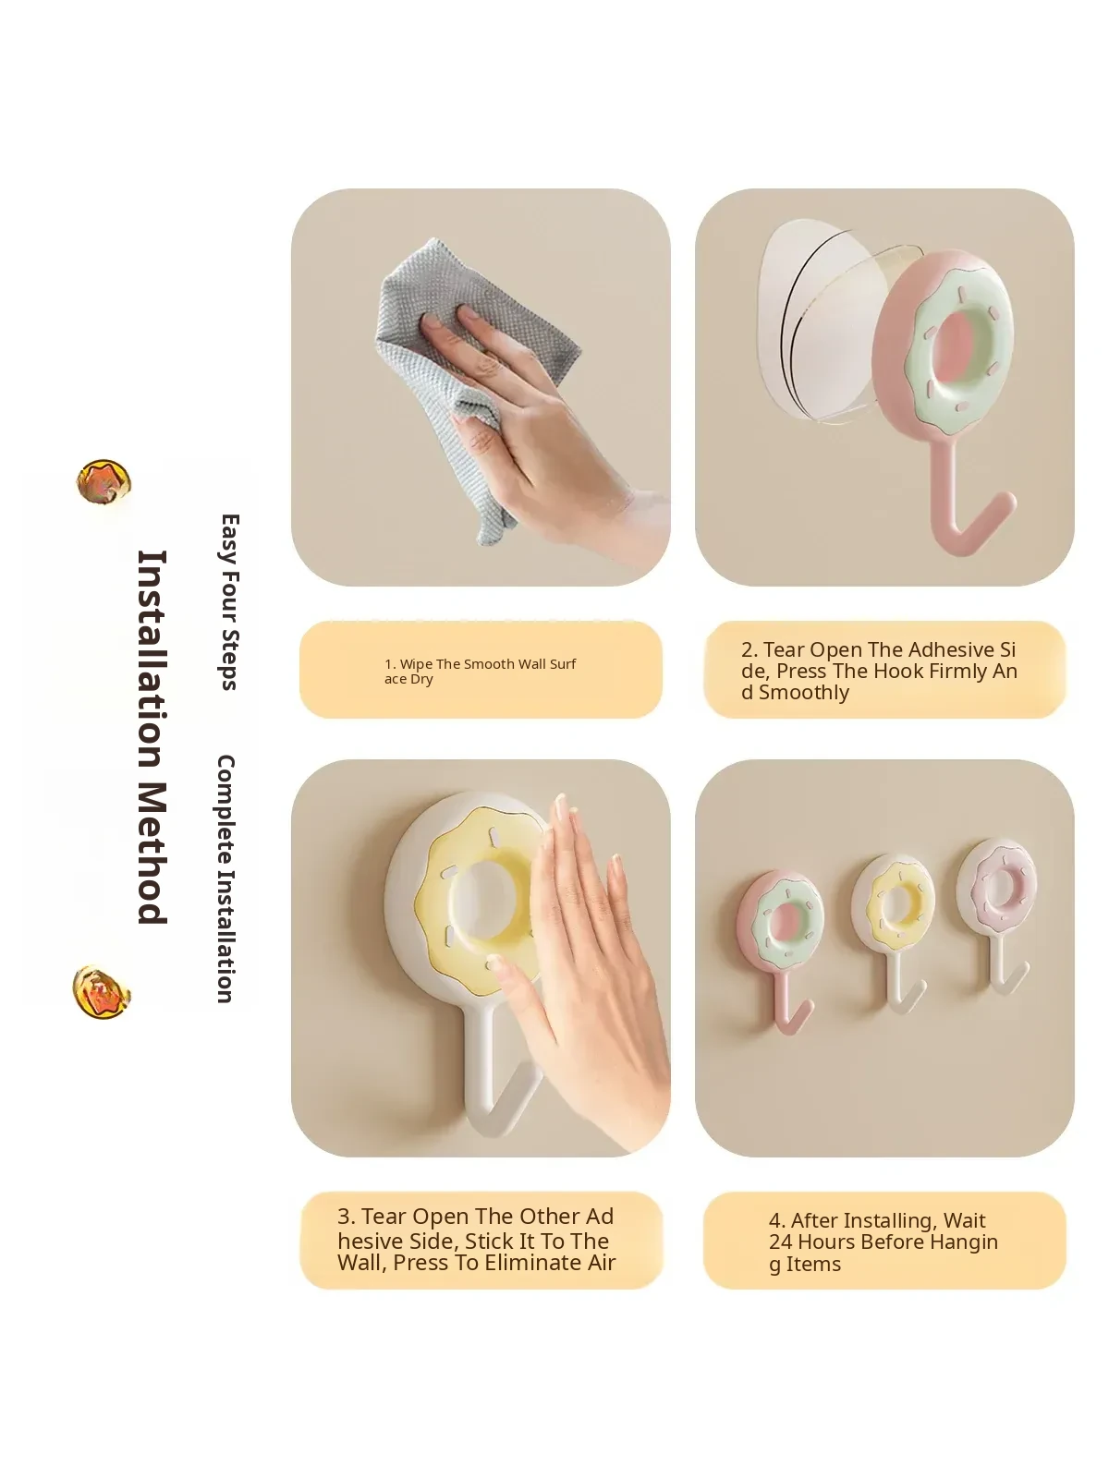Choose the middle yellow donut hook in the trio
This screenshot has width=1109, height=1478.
pyautogui.click(x=893, y=929)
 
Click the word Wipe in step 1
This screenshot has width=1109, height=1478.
pyautogui.click(x=416, y=664)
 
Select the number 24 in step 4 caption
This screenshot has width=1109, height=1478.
pyautogui.click(x=781, y=1242)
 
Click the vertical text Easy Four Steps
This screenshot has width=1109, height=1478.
pyautogui.click(x=230, y=602)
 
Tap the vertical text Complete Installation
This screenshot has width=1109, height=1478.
pyautogui.click(x=225, y=878)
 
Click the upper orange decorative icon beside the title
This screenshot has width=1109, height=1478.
pyautogui.click(x=104, y=481)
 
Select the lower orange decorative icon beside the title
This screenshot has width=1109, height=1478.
pyautogui.click(x=102, y=992)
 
